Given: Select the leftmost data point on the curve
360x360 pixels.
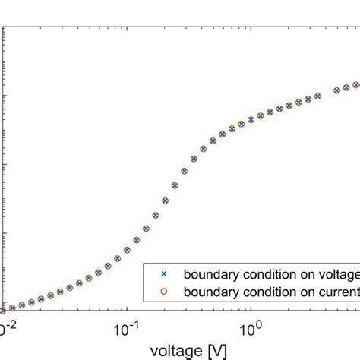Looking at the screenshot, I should [x=2, y=310].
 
